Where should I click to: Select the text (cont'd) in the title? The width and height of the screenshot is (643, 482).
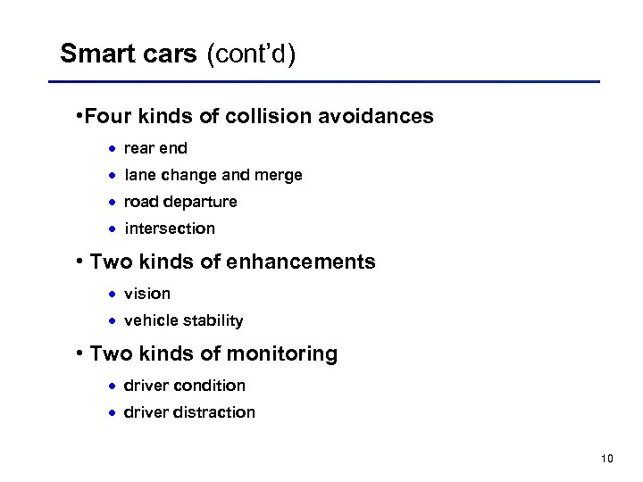pyautogui.click(x=251, y=54)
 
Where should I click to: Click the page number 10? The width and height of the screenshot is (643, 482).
pyautogui.click(x=607, y=459)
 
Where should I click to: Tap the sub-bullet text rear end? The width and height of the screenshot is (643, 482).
pyautogui.click(x=156, y=148)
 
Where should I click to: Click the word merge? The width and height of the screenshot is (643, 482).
pyautogui.click(x=280, y=175)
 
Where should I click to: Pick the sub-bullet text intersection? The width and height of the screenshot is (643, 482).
pyautogui.click(x=170, y=229)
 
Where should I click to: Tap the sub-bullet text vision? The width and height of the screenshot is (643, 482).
pyautogui.click(x=147, y=294)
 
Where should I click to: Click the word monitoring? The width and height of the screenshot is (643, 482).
pyautogui.click(x=281, y=353)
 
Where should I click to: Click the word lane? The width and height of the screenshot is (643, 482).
pyautogui.click(x=139, y=175)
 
